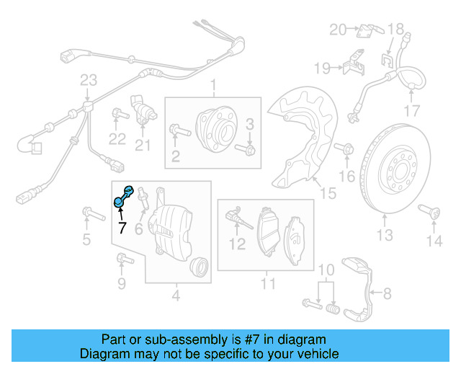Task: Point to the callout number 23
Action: pyautogui.click(x=88, y=79)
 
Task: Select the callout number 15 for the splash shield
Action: pyautogui.click(x=328, y=193)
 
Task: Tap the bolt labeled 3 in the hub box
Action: pyautogui.click(x=248, y=148)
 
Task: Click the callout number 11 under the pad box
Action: pyautogui.click(x=268, y=284)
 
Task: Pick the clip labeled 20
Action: pyautogui.click(x=367, y=30)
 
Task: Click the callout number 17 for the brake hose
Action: pyautogui.click(x=411, y=110)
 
